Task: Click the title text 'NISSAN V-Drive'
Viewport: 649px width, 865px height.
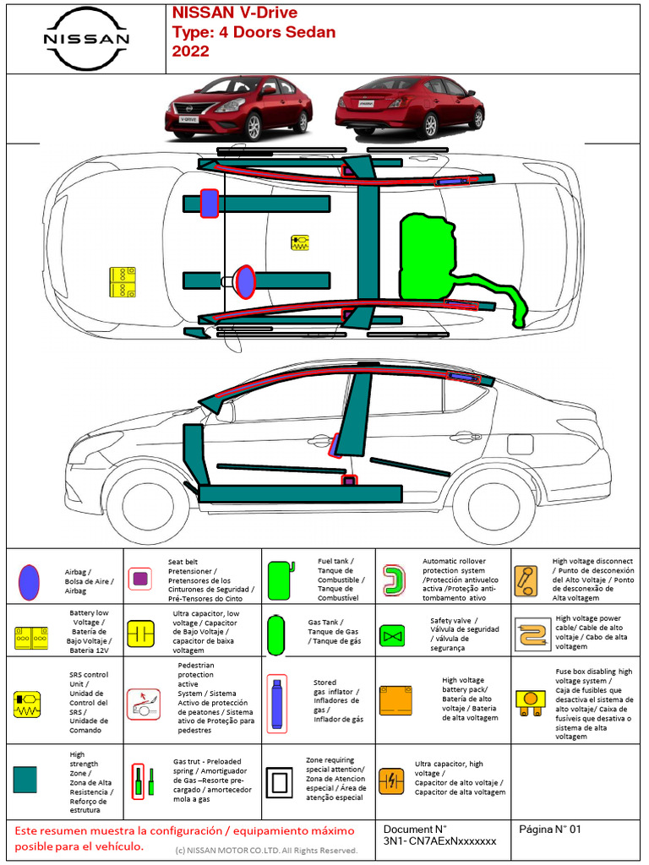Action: click(234, 14)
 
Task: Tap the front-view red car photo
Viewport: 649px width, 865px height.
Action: click(238, 108)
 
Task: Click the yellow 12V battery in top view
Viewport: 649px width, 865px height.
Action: click(123, 282)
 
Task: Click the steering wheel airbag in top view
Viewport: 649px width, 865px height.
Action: click(245, 281)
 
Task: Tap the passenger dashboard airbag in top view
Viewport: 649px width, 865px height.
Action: click(210, 204)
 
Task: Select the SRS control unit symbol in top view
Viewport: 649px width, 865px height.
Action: click(300, 242)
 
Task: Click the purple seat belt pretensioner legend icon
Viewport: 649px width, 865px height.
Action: click(141, 579)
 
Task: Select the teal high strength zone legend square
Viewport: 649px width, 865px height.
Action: click(25, 779)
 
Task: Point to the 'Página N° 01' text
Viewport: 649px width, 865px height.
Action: click(550, 830)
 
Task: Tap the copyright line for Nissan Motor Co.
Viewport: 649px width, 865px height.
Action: click(266, 850)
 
